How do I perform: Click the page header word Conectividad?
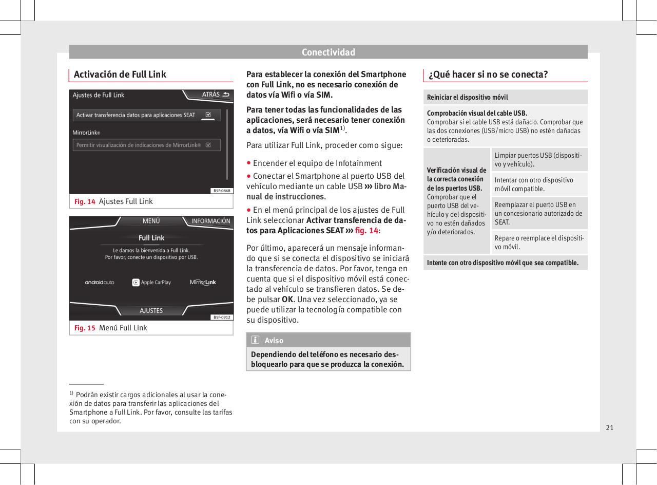pos(328,52)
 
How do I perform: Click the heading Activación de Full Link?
pos(120,74)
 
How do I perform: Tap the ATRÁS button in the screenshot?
pos(215,95)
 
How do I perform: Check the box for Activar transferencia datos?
pos(208,115)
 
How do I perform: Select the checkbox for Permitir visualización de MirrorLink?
pos(208,145)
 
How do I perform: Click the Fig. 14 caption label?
pos(84,201)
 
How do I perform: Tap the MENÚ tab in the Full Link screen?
pos(151,221)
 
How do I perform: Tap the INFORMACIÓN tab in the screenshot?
pos(210,221)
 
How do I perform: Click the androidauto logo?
pos(100,282)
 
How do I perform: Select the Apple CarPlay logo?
pos(151,282)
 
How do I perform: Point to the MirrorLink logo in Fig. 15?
pos(203,282)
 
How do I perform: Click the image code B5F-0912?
pos(222,317)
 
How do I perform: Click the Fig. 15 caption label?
pos(84,328)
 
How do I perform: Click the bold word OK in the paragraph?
pos(287,299)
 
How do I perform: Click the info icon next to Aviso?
pos(255,340)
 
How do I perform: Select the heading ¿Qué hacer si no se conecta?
pos(488,74)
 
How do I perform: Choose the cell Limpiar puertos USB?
pos(538,159)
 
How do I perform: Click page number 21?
pos(609,427)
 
